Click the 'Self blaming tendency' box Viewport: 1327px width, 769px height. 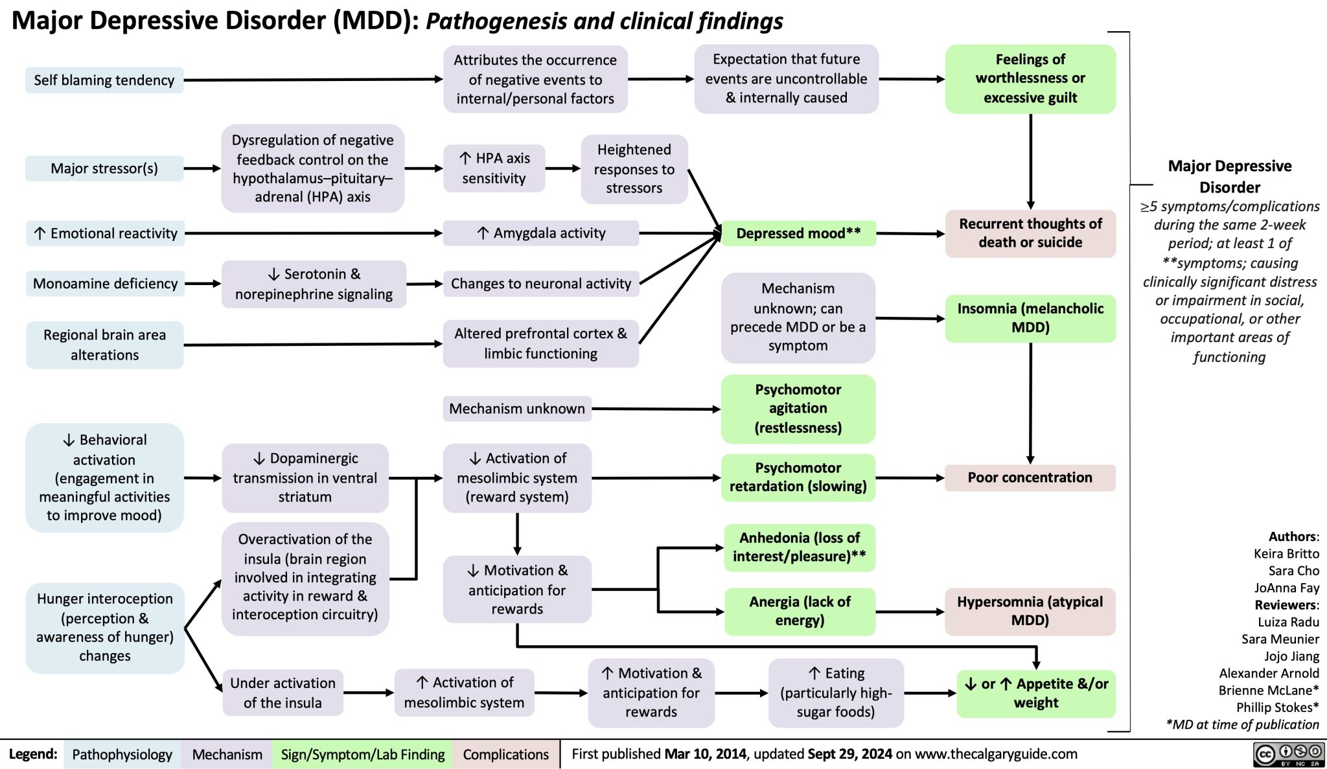104,80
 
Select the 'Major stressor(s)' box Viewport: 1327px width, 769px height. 104,168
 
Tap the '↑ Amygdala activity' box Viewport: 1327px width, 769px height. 541,233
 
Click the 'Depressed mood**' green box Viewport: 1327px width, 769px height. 798,233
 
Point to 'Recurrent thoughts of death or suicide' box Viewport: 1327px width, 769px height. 1030,233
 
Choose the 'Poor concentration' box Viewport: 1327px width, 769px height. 1030,477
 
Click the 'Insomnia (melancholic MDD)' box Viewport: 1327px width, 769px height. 1030,317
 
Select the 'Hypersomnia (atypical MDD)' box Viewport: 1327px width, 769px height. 1030,611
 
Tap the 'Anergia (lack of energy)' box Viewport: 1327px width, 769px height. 800,611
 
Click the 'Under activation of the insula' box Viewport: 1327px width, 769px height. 283,693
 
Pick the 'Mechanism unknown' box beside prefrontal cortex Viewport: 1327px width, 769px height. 517,409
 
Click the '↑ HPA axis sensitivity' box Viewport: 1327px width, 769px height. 494,168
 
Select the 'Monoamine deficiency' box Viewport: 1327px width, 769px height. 105,284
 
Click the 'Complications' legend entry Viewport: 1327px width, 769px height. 505,755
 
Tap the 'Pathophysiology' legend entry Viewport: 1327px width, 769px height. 122,755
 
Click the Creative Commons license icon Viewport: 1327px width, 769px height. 1289,755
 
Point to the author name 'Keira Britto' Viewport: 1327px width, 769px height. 1286,553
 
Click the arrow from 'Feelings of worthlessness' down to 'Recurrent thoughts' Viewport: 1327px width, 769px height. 1030,162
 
